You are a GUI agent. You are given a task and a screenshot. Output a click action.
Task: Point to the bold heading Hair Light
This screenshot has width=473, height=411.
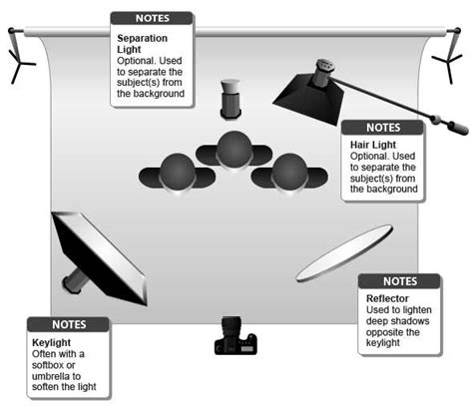[369, 146]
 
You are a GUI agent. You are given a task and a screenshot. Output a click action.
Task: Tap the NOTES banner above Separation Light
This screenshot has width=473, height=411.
[150, 18]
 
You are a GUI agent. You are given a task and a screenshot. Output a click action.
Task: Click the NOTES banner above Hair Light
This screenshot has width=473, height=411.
[382, 128]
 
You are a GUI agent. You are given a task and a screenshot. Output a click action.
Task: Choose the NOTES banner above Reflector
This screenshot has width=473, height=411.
[398, 281]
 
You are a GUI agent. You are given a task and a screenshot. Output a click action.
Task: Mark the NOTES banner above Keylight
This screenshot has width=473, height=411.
[67, 324]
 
